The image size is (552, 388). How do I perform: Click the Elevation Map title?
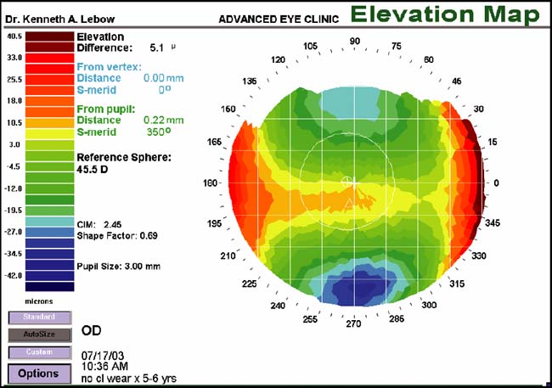(444, 14)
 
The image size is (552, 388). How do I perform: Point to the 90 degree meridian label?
(355, 41)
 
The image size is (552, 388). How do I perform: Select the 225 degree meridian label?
(249, 284)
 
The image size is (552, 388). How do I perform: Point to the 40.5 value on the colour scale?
(13, 37)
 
